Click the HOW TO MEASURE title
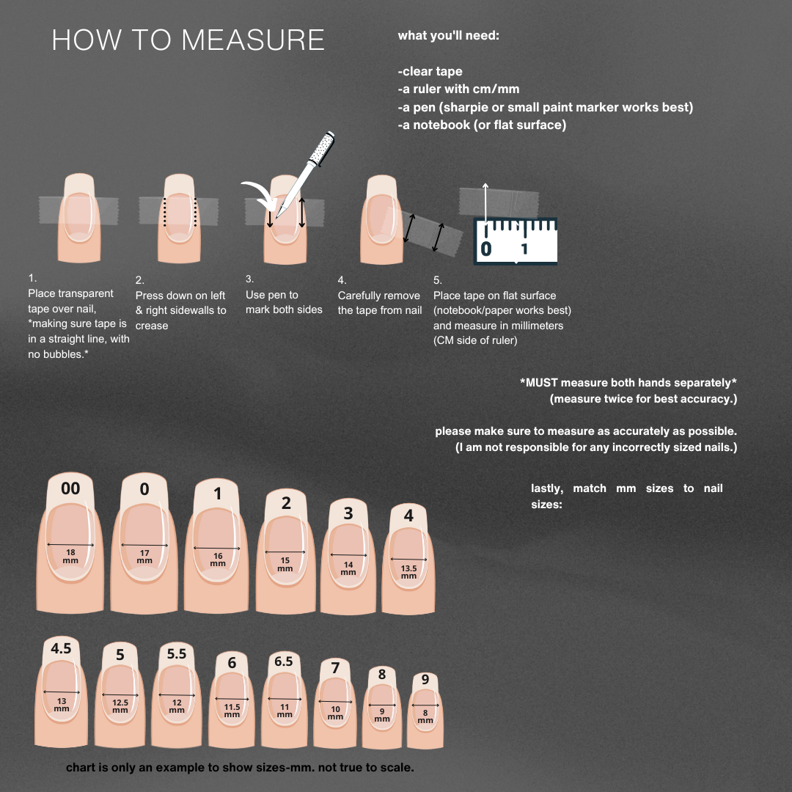pos(188,40)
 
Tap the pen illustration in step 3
pos(307,172)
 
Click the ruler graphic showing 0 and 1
pos(516,241)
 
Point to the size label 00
pos(70,488)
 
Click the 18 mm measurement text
pos(70,556)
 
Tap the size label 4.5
pos(61,649)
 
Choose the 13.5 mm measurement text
pos(408,571)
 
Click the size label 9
pos(425,680)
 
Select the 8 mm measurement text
pos(425,716)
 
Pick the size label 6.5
pos(284,661)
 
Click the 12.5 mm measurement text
pos(120,705)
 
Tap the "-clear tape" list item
pos(430,72)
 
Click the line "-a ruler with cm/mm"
pos(458,89)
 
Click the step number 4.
pos(342,280)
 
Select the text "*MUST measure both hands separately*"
pos(628,383)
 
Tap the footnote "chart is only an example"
pos(240,768)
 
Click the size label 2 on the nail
pos(286,503)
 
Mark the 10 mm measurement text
pos(335,712)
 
